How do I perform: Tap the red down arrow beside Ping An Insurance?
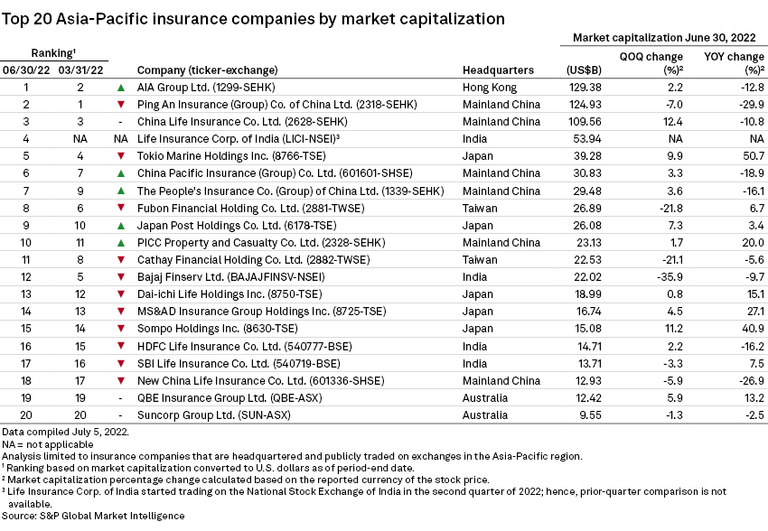tap(120, 105)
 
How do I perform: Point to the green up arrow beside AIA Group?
tap(120, 88)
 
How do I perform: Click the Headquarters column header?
tap(498, 70)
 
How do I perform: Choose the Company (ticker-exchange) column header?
tap(207, 70)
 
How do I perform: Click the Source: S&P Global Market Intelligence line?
tap(93, 516)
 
